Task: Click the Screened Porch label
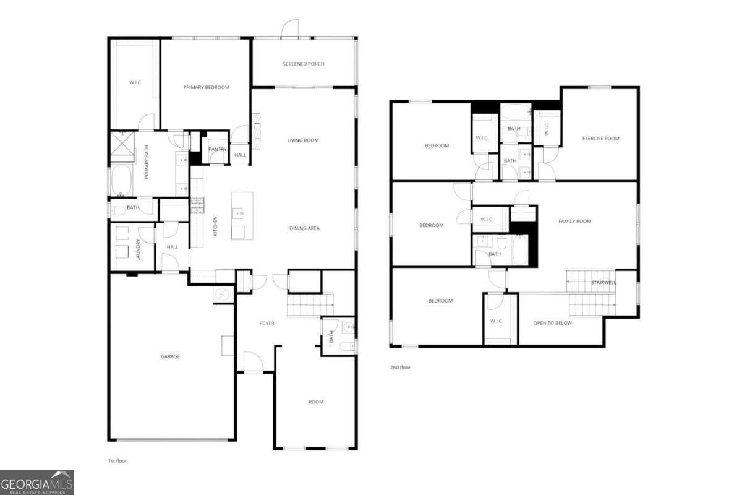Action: (x=303, y=64)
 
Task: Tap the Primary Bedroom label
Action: (x=206, y=87)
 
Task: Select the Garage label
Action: (x=170, y=356)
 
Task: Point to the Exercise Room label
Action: (x=600, y=139)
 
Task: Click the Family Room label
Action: (x=574, y=221)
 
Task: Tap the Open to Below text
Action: (x=552, y=323)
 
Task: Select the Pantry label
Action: (x=217, y=149)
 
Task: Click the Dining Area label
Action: (x=304, y=228)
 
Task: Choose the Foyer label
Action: (x=267, y=324)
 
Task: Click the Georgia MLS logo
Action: (x=37, y=482)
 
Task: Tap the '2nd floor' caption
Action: (x=399, y=368)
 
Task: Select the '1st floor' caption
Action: (x=117, y=461)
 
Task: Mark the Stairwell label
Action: (x=603, y=283)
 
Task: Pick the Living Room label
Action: (x=302, y=140)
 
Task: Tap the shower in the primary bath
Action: (x=122, y=148)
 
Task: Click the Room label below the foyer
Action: (x=315, y=402)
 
